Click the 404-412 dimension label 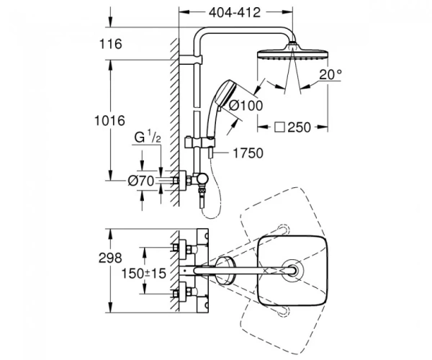pyautogui.click(x=235, y=13)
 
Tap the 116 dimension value pyautogui.click(x=110, y=44)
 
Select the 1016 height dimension pyautogui.click(x=109, y=121)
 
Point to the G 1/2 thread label pyautogui.click(x=148, y=137)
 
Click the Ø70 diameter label pyautogui.click(x=141, y=181)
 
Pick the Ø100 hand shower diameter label pyautogui.click(x=246, y=105)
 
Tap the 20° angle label pyautogui.click(x=330, y=74)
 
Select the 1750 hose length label pyautogui.click(x=248, y=153)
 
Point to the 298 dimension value pyautogui.click(x=110, y=258)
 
